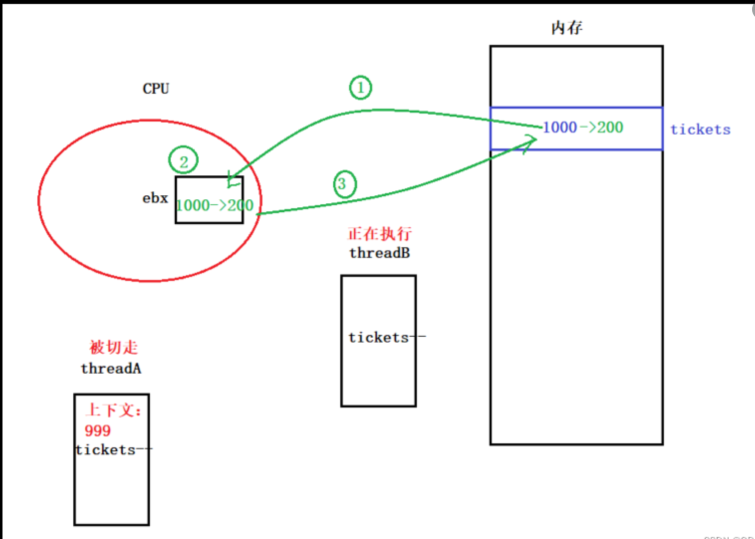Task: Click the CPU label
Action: tap(156, 89)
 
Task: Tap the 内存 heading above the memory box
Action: tap(567, 28)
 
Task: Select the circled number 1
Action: tap(361, 88)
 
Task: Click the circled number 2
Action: tap(183, 161)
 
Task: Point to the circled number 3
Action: tap(344, 184)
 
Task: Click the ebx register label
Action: tap(155, 198)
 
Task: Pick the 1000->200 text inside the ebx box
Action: tap(214, 205)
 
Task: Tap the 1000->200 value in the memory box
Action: tap(583, 128)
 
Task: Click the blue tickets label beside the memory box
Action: tap(700, 130)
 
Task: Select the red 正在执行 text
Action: tap(379, 233)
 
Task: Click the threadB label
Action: tap(379, 253)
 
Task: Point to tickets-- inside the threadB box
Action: tap(386, 338)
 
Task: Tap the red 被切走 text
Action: tap(114, 347)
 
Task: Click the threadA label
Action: tap(111, 369)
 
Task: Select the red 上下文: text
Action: tap(114, 410)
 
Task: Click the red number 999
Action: tap(98, 431)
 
